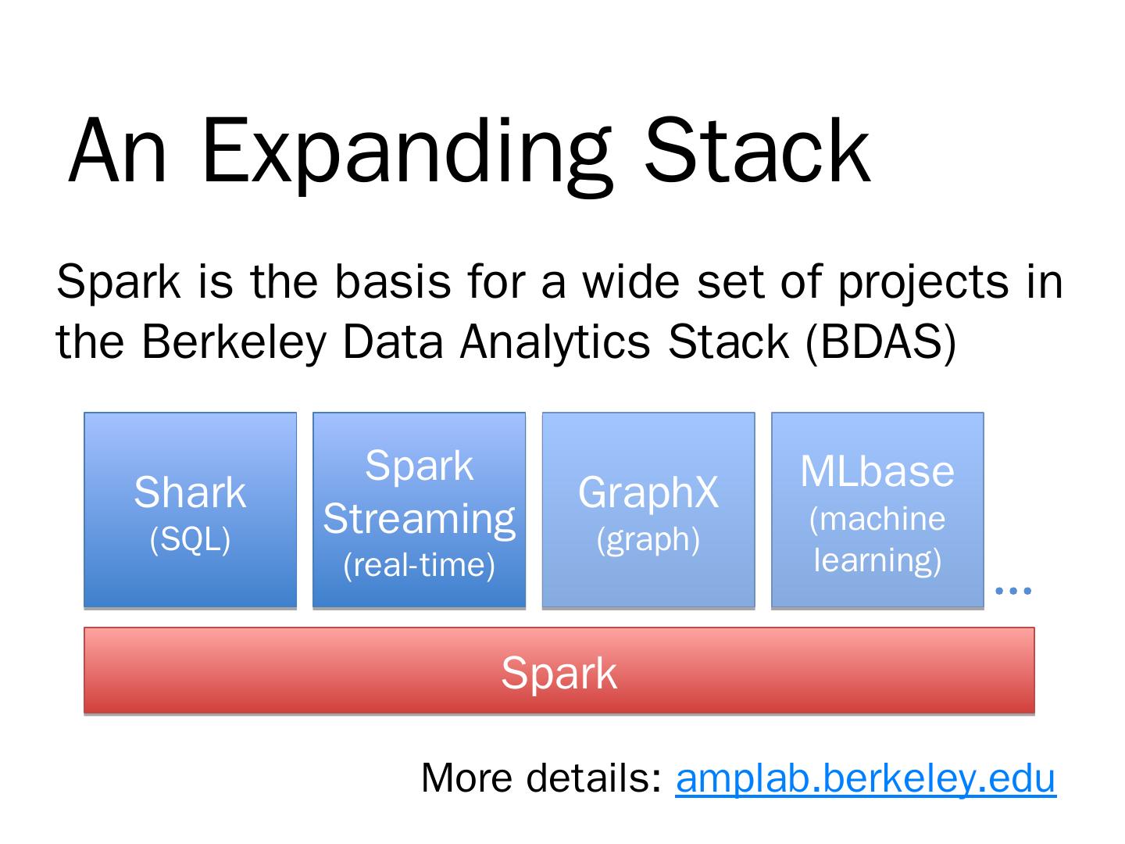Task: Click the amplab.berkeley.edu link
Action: [x=866, y=778]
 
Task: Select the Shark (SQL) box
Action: [x=190, y=510]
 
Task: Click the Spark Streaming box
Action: [x=419, y=510]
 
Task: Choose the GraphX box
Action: [x=648, y=510]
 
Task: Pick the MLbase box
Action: [x=877, y=510]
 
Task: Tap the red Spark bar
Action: [x=559, y=671]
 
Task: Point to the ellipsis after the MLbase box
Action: [x=1013, y=590]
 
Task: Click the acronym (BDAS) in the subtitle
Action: [x=880, y=342]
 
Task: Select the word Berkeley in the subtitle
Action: [x=233, y=342]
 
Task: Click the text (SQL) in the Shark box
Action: [x=190, y=539]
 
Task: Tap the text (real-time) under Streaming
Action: [x=419, y=565]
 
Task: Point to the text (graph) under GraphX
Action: [x=648, y=539]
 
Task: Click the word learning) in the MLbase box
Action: [x=877, y=560]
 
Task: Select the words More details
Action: [x=541, y=778]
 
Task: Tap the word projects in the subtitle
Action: [x=923, y=282]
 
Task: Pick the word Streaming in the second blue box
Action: [x=419, y=519]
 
